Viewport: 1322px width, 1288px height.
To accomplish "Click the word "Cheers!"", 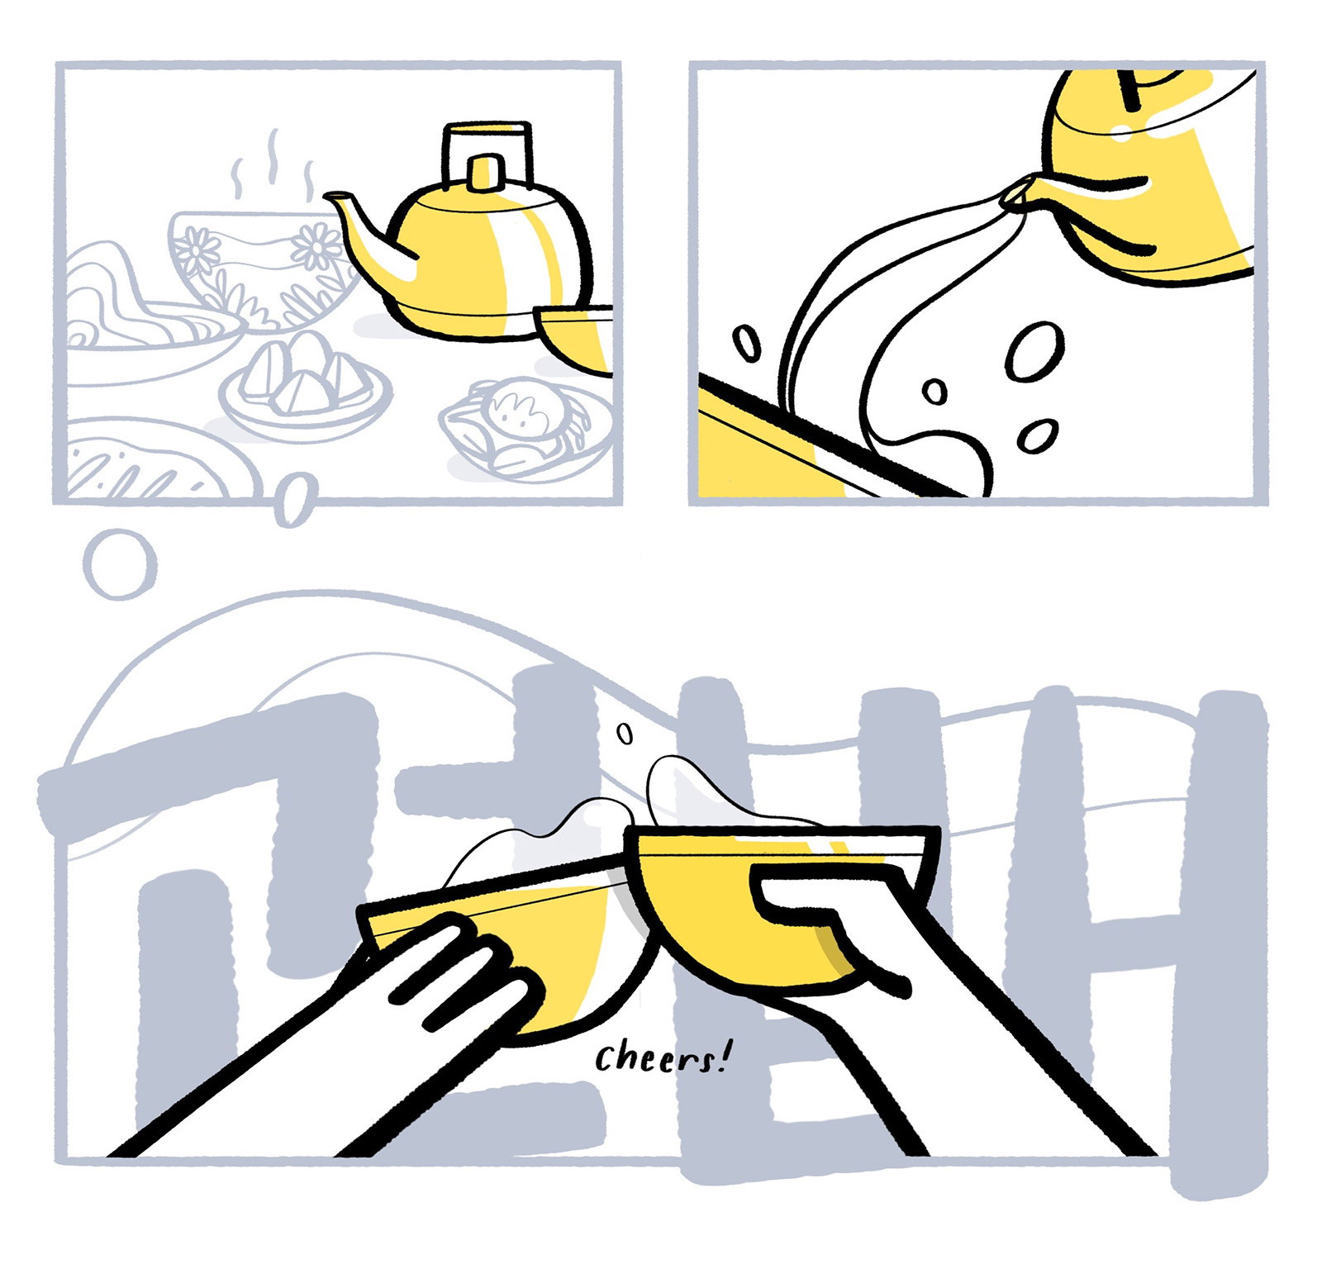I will point(663,1057).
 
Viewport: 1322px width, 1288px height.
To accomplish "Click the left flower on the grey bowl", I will point(196,250).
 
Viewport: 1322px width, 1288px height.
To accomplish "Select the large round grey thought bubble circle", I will point(121,564).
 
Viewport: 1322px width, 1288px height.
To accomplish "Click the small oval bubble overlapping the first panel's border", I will point(294,499).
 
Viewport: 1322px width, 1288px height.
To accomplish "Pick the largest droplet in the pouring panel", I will point(1034,351).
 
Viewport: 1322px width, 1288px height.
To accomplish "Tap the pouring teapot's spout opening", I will point(1014,197).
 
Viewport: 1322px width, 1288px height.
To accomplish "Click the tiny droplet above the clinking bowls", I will point(625,732).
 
